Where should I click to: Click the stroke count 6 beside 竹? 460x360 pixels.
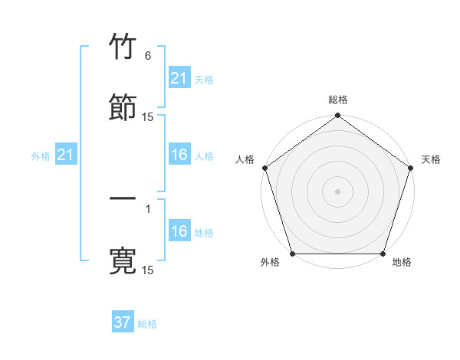148,56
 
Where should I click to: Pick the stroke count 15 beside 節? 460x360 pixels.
148,117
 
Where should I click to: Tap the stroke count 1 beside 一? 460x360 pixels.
148,207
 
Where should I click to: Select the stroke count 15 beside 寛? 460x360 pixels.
148,270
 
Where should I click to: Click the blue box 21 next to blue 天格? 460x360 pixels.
179,78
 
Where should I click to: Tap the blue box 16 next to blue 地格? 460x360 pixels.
179,231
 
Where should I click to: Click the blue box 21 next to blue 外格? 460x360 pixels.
65,155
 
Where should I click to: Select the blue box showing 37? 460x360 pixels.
123,322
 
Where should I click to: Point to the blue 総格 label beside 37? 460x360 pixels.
147,324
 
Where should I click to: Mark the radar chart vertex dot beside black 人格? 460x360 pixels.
264,168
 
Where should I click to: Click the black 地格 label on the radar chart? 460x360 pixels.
402,263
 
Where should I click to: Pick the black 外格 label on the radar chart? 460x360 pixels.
270,263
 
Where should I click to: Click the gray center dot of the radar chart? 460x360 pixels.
337,191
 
